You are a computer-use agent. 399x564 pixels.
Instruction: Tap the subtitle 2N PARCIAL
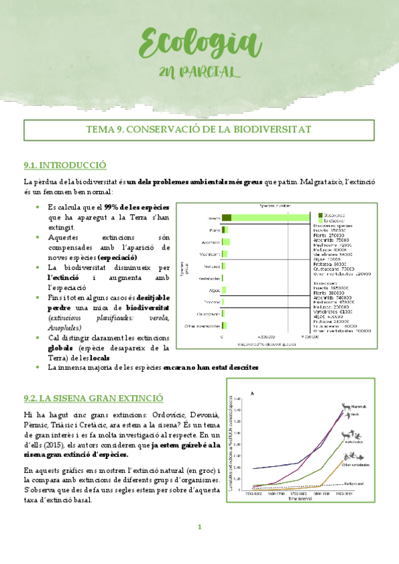click(200, 72)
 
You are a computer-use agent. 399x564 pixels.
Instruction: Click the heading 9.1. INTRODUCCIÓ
click(65, 165)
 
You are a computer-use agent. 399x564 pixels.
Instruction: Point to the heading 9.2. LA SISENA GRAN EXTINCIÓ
click(93, 398)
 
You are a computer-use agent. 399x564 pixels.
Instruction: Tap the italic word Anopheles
click(65, 328)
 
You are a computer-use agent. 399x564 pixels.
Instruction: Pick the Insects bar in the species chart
click(266, 218)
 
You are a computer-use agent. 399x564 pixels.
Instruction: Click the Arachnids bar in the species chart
click(226, 241)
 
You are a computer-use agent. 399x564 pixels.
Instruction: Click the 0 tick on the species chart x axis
click(222, 337)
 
